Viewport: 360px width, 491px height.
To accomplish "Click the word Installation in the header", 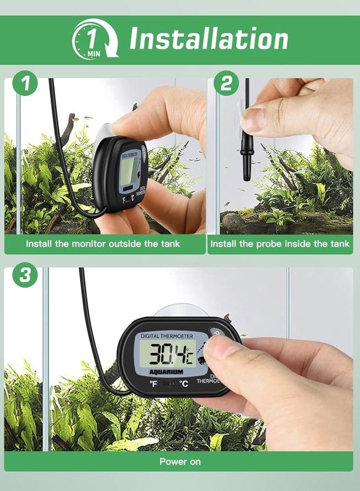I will coord(208,39).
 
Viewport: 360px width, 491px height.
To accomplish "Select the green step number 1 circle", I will coord(25,85).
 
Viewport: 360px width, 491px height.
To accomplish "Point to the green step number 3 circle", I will coord(25,275).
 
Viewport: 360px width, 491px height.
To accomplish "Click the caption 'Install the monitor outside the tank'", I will coord(103,244).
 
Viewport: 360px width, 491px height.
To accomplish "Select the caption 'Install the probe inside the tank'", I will coord(280,244).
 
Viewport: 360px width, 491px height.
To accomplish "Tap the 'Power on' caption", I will coord(180,462).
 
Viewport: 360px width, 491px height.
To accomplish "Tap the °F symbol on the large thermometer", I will coord(154,384).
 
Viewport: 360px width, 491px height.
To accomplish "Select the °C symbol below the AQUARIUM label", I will coord(184,384).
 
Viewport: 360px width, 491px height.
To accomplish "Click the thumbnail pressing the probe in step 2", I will coord(254,118).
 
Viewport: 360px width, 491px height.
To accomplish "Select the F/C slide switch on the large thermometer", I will coord(169,384).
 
